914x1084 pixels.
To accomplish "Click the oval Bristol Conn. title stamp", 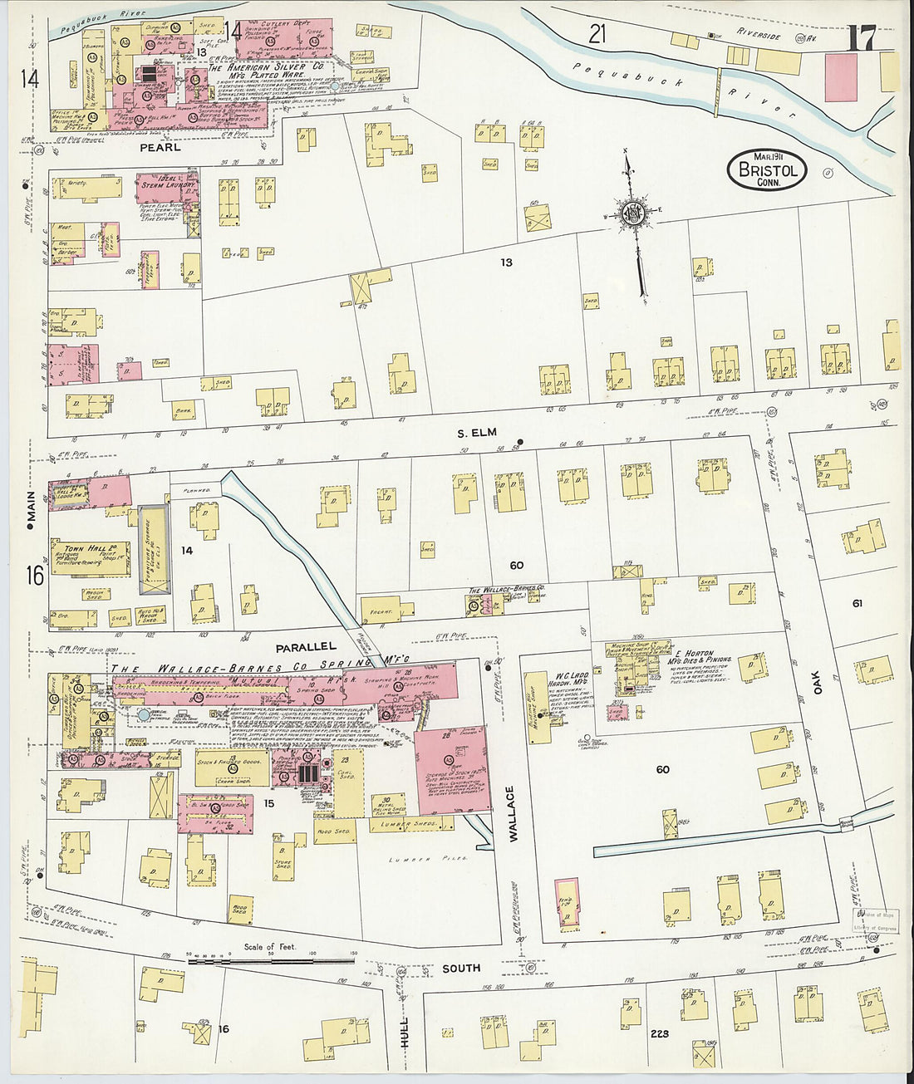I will pyautogui.click(x=767, y=170).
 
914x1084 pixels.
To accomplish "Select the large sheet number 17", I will pyautogui.click(x=862, y=38).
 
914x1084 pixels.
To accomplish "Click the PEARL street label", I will pyautogui.click(x=160, y=147).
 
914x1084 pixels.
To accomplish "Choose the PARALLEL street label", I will pyautogui.click(x=307, y=645).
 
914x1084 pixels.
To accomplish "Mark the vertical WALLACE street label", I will pyautogui.click(x=513, y=814).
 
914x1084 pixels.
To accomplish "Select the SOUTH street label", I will pyautogui.click(x=461, y=969).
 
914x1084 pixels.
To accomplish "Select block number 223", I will pyautogui.click(x=660, y=1033).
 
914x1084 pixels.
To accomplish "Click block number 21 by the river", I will pyautogui.click(x=597, y=34).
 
